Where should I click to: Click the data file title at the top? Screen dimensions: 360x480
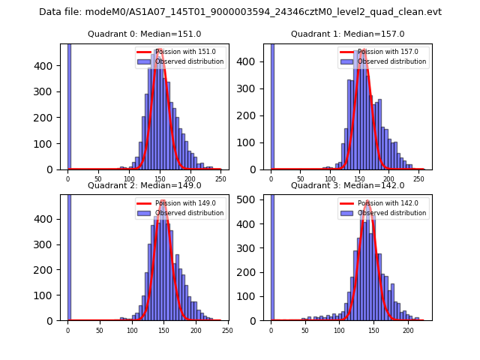click(x=240, y=12)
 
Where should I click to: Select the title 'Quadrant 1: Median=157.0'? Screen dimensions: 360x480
click(x=347, y=34)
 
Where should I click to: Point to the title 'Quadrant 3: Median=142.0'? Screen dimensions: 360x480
click(x=347, y=185)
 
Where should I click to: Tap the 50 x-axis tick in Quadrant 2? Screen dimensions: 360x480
click(x=100, y=331)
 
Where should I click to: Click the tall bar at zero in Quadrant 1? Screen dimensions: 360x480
click(x=271, y=105)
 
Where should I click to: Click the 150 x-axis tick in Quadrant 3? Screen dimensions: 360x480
click(x=374, y=331)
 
